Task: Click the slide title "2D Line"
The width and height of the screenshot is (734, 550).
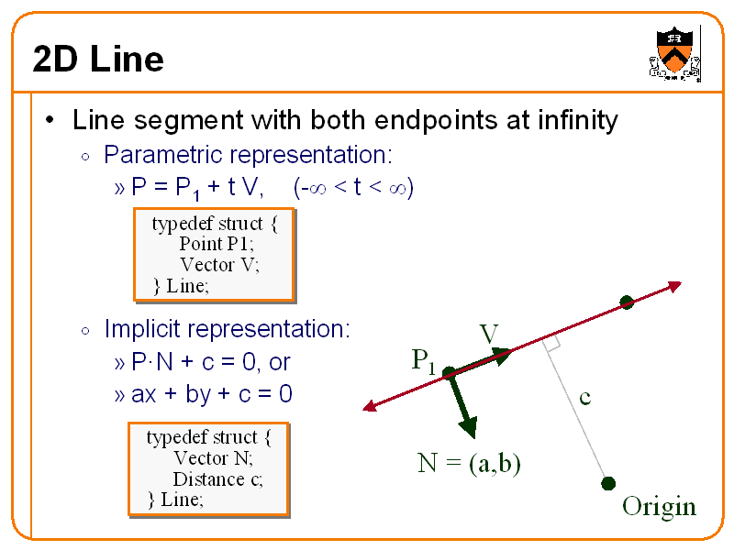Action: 98,60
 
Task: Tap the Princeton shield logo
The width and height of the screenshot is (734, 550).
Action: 674,51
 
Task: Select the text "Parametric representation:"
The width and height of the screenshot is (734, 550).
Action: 248,154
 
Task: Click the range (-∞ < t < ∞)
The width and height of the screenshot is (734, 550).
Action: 354,189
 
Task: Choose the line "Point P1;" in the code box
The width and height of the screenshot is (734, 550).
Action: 217,244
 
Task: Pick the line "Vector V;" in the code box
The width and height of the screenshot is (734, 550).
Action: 219,265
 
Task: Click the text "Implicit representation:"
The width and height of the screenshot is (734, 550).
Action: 227,329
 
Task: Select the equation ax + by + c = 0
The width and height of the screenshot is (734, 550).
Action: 212,395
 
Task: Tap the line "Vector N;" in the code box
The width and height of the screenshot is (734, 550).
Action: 213,457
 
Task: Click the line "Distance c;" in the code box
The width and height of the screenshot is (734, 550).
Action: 217,478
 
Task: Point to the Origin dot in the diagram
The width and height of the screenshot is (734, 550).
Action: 607,483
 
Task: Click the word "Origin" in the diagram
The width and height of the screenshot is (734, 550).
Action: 659,507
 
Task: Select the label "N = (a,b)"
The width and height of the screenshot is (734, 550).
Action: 469,464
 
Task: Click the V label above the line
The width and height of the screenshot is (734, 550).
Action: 489,334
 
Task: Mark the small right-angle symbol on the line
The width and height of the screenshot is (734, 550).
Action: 551,344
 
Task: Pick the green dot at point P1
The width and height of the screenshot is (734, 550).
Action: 449,373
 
